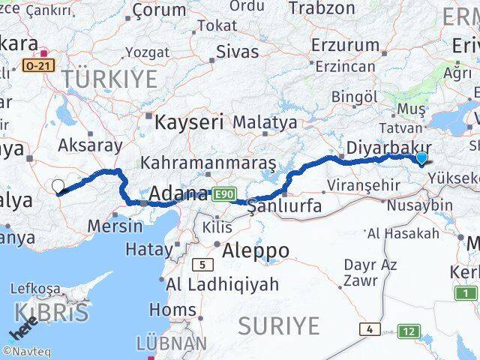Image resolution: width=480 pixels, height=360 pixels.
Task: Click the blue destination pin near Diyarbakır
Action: [421, 157]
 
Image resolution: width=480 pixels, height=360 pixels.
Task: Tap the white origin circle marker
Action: [58, 185]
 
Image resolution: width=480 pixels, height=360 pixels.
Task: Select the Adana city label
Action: [178, 193]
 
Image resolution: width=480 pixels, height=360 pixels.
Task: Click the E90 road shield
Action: [221, 194]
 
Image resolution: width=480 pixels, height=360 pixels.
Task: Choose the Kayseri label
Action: [190, 121]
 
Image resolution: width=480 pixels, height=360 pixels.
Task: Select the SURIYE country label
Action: [279, 325]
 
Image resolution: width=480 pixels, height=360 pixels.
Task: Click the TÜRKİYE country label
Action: [109, 78]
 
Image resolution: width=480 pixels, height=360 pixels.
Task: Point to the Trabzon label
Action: [322, 9]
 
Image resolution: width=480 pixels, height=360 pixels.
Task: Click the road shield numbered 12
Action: [409, 331]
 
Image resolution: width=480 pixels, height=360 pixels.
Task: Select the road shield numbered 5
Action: [202, 264]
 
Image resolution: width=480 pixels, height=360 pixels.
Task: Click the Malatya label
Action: [265, 121]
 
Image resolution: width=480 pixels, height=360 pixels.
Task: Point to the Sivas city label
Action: [237, 52]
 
